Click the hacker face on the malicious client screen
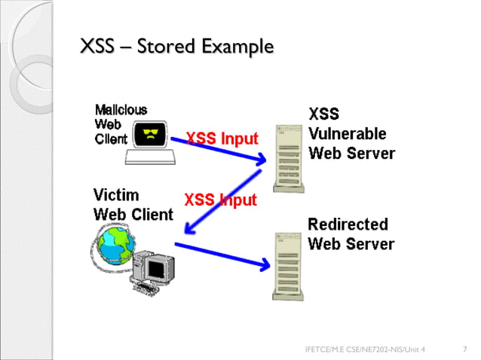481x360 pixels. (152, 136)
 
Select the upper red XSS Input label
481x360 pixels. (222, 139)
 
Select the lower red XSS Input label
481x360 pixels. (220, 200)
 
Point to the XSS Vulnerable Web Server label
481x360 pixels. (351, 134)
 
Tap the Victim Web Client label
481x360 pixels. (133, 203)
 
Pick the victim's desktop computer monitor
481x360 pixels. (160, 267)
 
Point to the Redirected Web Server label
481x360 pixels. (351, 234)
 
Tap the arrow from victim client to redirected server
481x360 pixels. (222, 254)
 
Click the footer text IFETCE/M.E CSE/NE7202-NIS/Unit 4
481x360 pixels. (364, 349)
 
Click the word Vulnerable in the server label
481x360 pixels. (348, 134)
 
